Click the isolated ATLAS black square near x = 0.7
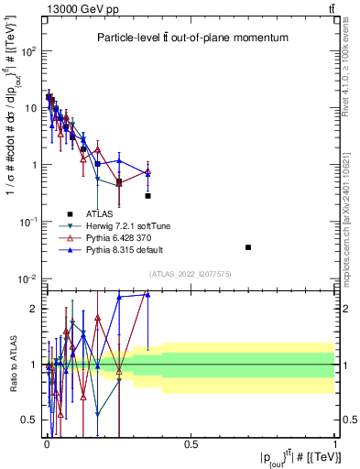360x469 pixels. coord(248,247)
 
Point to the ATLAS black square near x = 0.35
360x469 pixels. coord(147,196)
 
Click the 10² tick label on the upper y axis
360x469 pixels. coord(27,51)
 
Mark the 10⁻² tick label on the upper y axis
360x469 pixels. coord(27,279)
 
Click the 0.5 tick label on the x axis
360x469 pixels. coord(191,444)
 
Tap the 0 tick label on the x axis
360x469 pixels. coord(46,444)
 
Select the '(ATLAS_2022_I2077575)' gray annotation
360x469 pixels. coord(191,272)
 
